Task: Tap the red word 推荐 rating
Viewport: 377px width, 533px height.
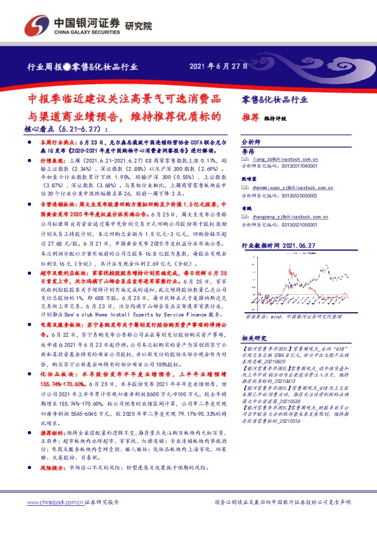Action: tap(250, 118)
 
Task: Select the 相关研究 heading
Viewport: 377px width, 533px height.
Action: tap(254, 339)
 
